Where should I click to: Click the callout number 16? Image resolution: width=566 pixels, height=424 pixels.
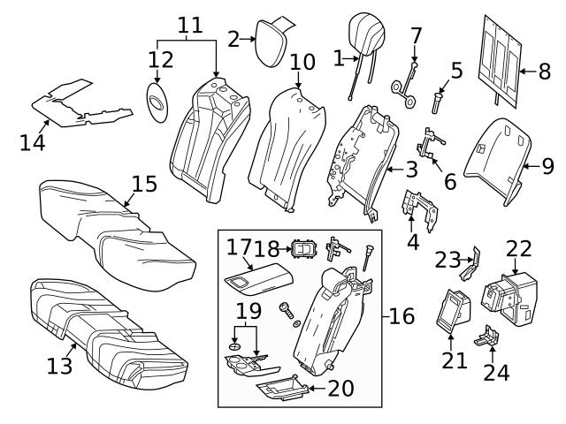coord(402,315)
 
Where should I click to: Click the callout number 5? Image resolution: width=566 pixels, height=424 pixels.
coord(456,70)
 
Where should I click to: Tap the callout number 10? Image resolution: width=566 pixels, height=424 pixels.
coord(302,62)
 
